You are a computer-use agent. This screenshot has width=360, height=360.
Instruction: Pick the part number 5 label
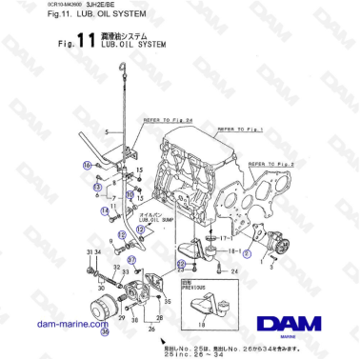click(107, 130)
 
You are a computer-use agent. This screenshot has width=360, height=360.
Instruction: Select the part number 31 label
click(88, 251)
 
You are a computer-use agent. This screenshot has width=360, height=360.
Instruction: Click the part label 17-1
click(226, 237)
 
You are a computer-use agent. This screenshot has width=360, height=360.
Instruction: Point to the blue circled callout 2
click(247, 254)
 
